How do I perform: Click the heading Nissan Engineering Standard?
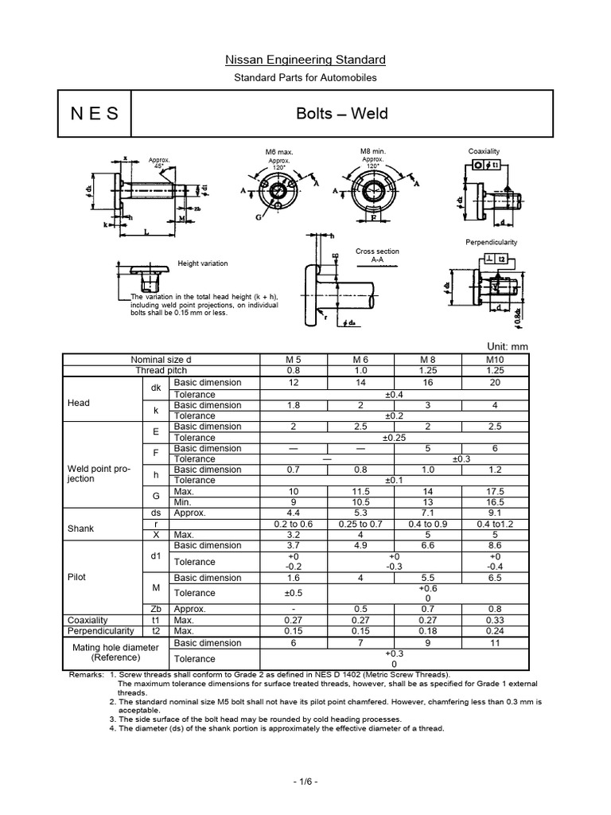coord(305,60)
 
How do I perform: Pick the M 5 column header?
coord(294,360)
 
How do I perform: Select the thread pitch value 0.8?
coord(294,371)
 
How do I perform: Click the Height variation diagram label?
coord(202,263)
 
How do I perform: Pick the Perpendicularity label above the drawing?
coord(491,241)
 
